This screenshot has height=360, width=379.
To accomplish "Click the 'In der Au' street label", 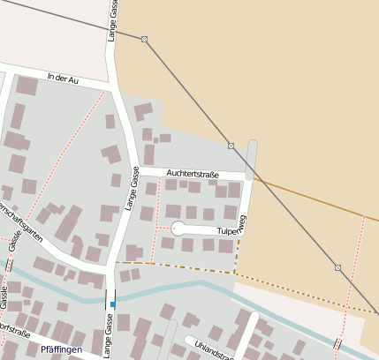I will pyautogui.click(x=64, y=78).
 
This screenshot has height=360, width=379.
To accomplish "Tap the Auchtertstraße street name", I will pyautogui.click(x=192, y=175).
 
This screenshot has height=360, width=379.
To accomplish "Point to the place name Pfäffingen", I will pyautogui.click(x=61, y=349).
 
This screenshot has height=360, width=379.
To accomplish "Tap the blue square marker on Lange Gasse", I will pyautogui.click(x=112, y=304).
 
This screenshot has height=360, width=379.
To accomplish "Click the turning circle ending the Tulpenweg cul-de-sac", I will pyautogui.click(x=178, y=229).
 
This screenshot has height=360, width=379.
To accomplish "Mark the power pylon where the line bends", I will pyautogui.click(x=144, y=39).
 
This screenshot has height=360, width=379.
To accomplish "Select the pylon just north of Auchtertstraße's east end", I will pyautogui.click(x=231, y=146).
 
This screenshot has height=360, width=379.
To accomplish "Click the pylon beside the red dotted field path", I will pyautogui.click(x=337, y=266).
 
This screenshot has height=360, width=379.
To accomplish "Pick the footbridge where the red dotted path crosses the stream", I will pyautogui.click(x=337, y=343).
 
